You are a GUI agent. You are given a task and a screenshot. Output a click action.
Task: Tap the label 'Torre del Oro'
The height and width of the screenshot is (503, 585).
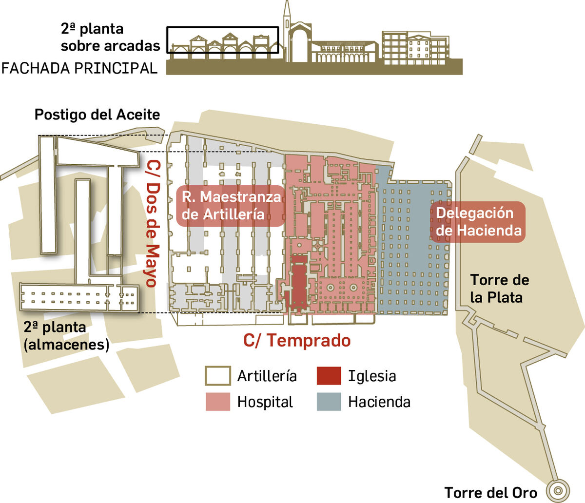(x=491, y=493)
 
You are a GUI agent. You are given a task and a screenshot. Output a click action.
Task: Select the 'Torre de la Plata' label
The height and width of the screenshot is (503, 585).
(x=500, y=289)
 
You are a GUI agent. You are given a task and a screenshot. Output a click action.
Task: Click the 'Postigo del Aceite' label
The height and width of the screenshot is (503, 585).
(x=97, y=115)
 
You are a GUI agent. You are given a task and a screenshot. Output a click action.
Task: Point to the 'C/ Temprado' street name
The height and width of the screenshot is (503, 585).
(x=297, y=340)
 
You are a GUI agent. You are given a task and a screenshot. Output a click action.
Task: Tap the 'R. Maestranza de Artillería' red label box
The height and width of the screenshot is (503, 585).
(x=231, y=205)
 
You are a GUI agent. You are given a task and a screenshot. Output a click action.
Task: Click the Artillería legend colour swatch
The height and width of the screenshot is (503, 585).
(x=217, y=376)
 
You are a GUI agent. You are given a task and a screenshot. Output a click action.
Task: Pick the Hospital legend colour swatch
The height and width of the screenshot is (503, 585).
(x=217, y=402)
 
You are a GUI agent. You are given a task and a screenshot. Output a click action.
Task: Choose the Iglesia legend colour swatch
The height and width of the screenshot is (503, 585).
(x=329, y=376)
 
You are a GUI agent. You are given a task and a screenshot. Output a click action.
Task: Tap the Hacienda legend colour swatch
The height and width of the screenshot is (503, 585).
(x=329, y=402)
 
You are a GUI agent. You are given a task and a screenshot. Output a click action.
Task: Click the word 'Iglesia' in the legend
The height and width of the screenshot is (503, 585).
(x=372, y=376)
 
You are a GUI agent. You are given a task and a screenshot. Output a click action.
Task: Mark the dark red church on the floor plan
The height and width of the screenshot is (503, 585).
(x=299, y=285)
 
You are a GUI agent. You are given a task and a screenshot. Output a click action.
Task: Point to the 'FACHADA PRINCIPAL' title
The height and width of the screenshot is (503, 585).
(x=79, y=68)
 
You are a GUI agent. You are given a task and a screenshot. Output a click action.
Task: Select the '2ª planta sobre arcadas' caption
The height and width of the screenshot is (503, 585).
(x=110, y=38)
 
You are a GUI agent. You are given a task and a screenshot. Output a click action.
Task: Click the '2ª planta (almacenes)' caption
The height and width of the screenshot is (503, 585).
(x=66, y=336)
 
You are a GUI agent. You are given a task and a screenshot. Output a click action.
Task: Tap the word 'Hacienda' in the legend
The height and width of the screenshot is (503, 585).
(x=379, y=402)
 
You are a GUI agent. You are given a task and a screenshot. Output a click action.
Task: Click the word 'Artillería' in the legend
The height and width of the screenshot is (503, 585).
(x=267, y=376)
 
